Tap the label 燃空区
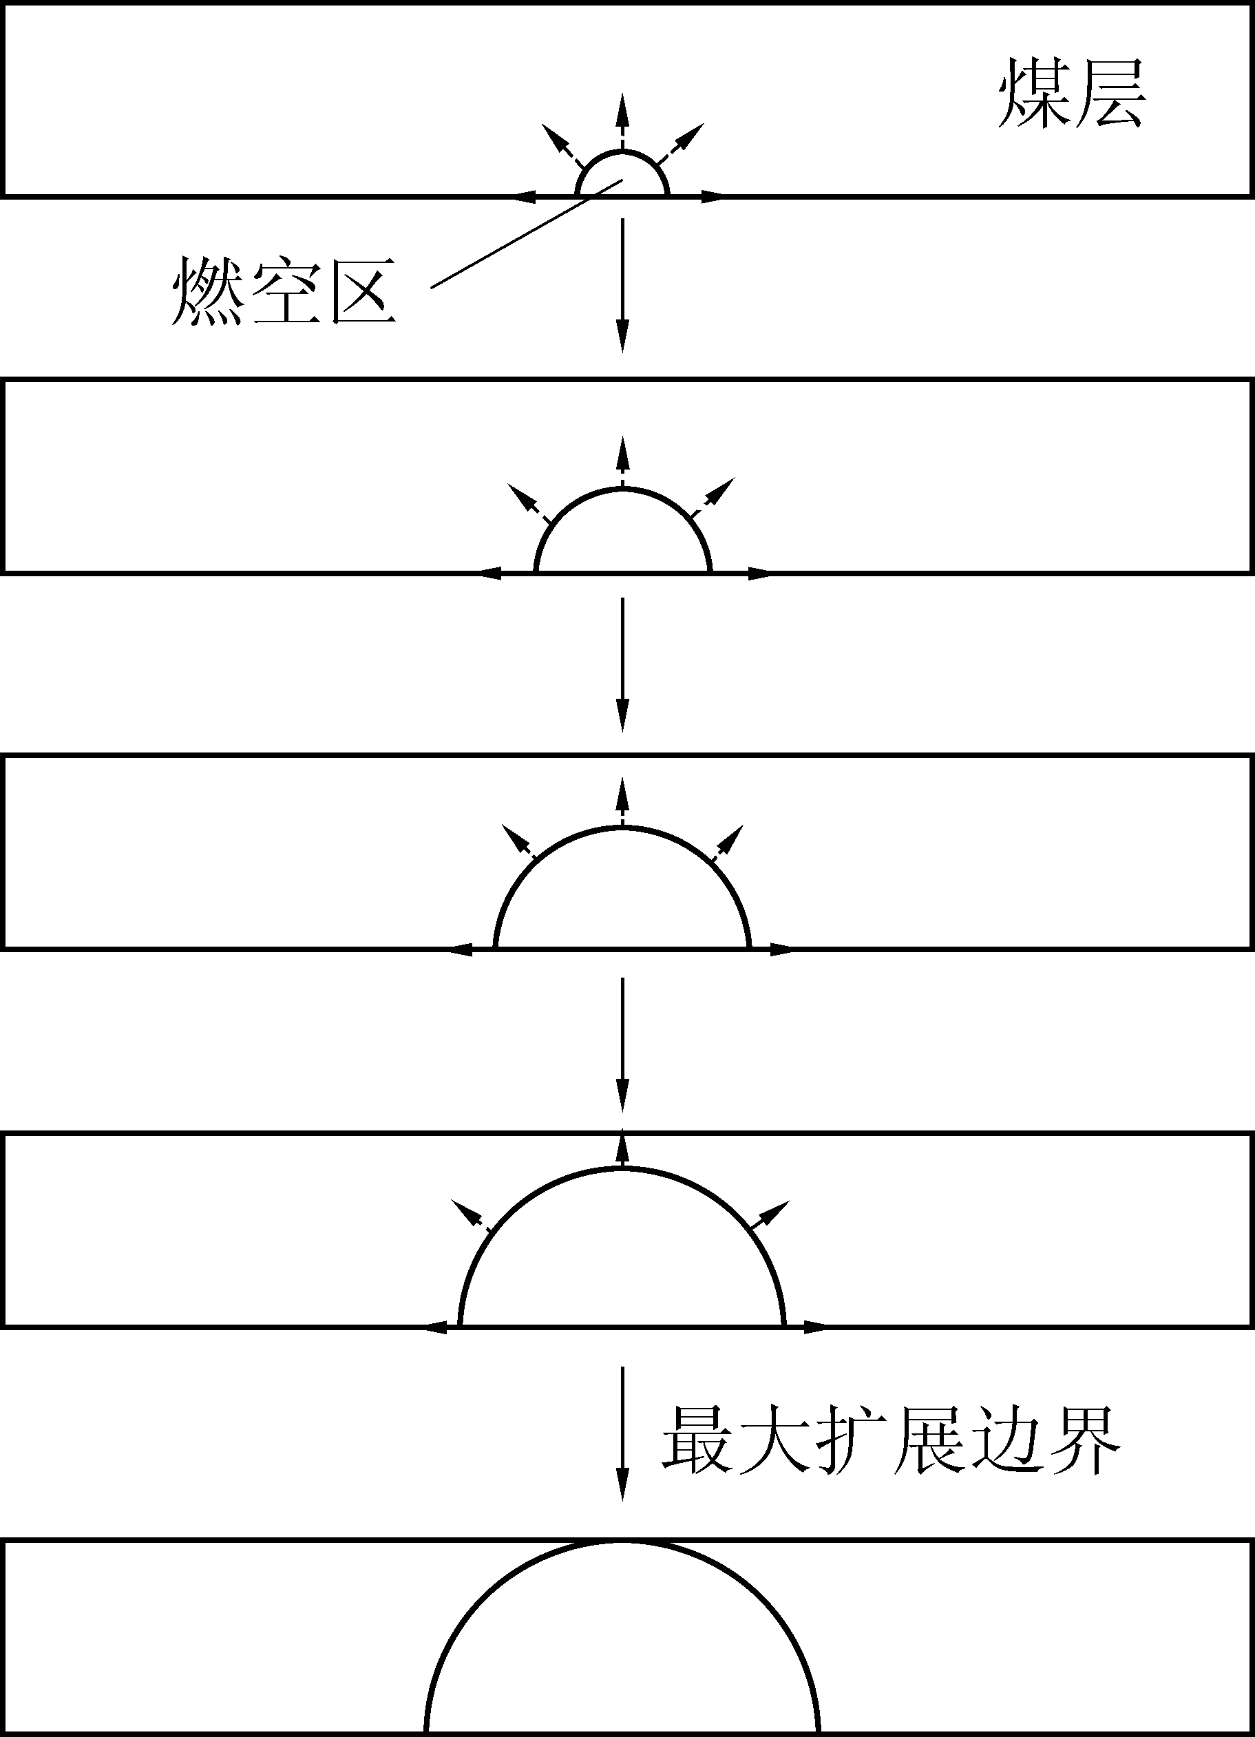[284, 292]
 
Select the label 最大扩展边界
[892, 1440]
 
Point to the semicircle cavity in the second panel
[622, 536]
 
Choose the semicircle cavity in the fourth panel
[622, 1256]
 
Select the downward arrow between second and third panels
[622, 663]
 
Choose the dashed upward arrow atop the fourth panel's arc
[622, 1150]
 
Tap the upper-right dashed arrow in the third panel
[728, 843]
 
